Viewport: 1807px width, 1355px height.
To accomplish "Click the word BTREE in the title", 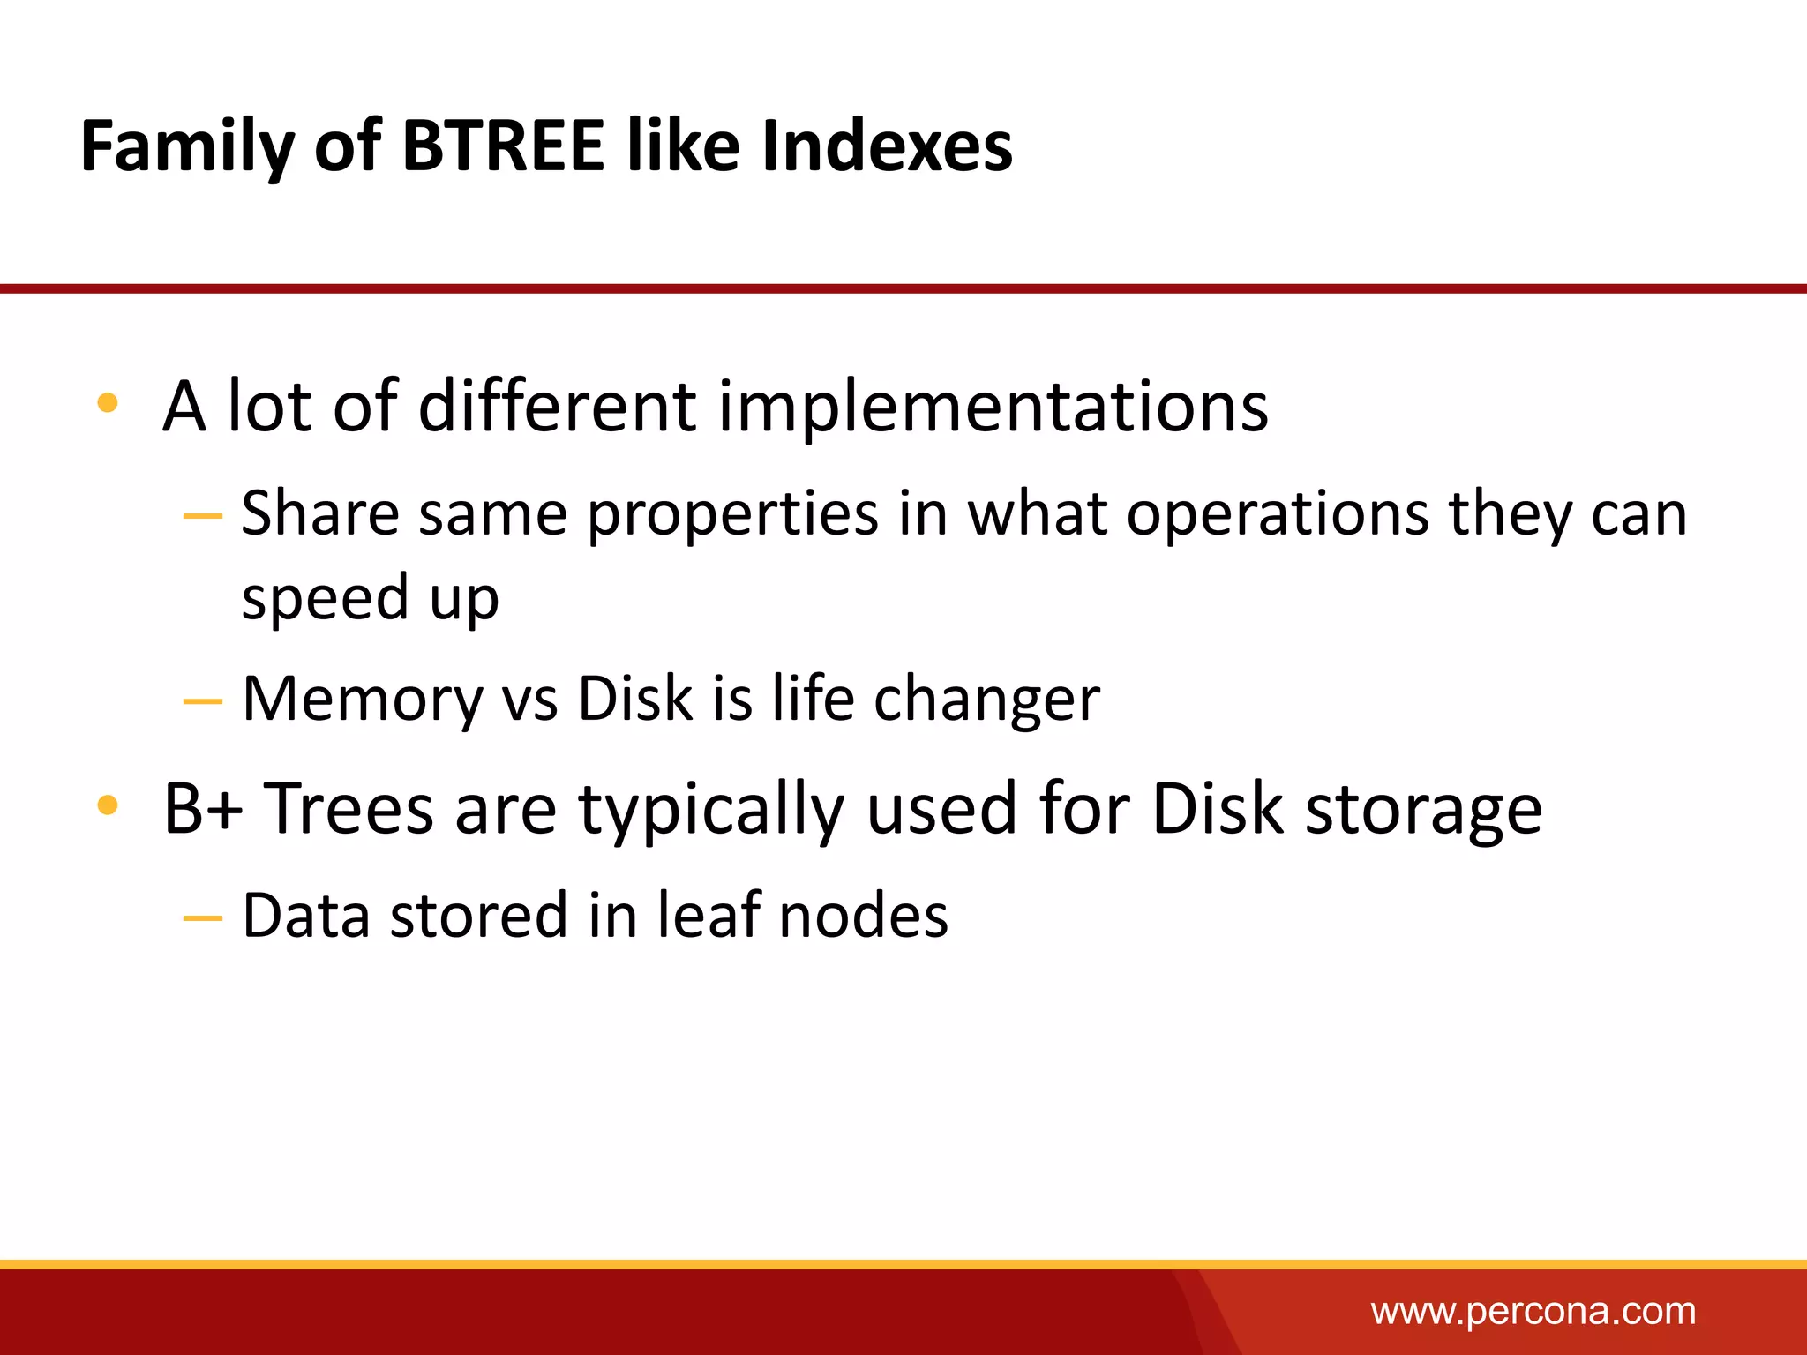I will point(503,146).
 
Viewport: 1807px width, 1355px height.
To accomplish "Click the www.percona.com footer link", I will point(1533,1311).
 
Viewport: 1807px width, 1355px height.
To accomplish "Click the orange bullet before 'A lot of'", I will point(108,403).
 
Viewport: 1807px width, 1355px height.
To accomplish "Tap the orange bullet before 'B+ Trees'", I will point(108,805).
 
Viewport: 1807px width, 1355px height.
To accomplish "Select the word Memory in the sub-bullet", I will point(363,700).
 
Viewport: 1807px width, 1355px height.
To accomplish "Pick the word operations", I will point(1278,514).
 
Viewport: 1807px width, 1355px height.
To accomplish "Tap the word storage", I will point(1423,810).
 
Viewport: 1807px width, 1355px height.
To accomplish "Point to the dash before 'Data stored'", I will point(202,918).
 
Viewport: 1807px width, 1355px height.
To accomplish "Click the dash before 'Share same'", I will point(202,515).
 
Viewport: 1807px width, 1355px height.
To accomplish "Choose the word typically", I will point(711,810).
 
